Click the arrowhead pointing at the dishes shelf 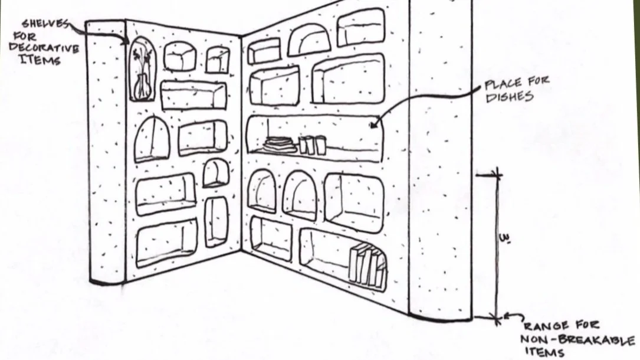[x=372, y=125]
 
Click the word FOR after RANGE [x=586, y=325]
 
